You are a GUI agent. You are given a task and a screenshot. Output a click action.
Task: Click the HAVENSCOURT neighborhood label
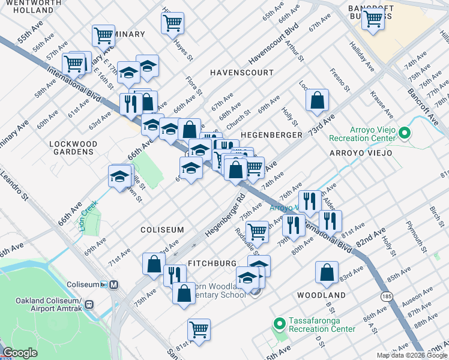pos(241,73)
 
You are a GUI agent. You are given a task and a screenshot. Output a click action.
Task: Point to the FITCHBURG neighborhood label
pos(212,263)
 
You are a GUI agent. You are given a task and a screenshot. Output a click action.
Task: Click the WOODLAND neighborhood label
pos(321,295)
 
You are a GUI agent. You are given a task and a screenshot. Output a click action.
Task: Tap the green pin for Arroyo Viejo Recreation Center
pos(405,133)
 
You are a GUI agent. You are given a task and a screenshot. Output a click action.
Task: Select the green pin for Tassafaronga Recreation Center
pos(279,324)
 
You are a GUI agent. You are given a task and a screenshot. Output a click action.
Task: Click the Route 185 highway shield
pos(387,296)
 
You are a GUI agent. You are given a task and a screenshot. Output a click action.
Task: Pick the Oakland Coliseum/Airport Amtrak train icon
pos(89,304)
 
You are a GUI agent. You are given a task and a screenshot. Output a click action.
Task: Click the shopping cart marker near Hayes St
pos(173,23)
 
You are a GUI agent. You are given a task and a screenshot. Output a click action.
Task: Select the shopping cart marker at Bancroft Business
pos(374,19)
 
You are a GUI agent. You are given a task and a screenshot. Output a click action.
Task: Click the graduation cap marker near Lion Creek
pos(119,176)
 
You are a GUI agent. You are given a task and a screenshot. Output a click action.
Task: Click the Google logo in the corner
pos(20,353)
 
